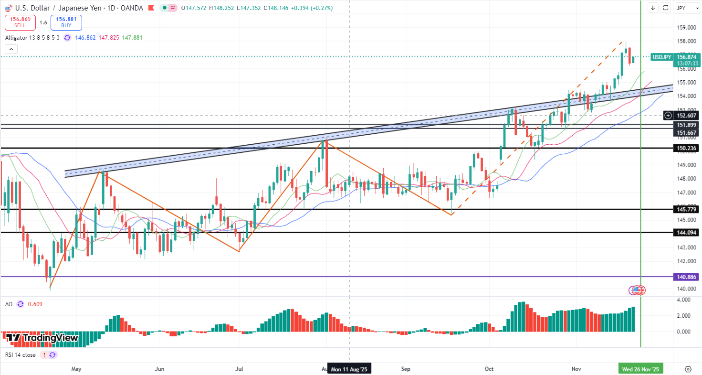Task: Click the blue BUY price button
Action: [66, 22]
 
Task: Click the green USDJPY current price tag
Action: [661, 57]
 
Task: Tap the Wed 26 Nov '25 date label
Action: [640, 369]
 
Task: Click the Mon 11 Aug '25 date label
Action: [349, 369]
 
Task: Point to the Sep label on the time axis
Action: [406, 369]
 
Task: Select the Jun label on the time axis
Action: [160, 369]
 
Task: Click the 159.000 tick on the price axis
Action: [686, 27]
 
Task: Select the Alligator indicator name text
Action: [32, 37]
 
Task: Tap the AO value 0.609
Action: [35, 304]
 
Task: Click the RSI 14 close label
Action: [21, 355]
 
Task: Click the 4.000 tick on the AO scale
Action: [683, 300]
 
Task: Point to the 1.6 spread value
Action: [43, 22]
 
